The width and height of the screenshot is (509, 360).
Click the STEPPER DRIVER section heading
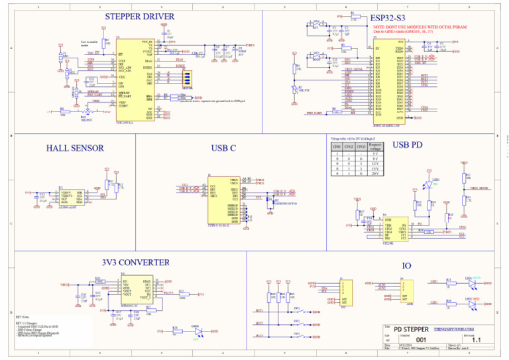pyautogui.click(x=140, y=17)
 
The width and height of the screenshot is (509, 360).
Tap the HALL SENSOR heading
pyautogui.click(x=75, y=148)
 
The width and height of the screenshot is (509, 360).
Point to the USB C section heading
pyautogui.click(x=223, y=148)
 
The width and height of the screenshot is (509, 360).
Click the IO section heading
pyautogui.click(x=406, y=266)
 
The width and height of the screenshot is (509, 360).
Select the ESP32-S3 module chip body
pyautogui.click(x=388, y=83)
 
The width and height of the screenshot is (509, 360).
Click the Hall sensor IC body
pyautogui.click(x=71, y=198)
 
